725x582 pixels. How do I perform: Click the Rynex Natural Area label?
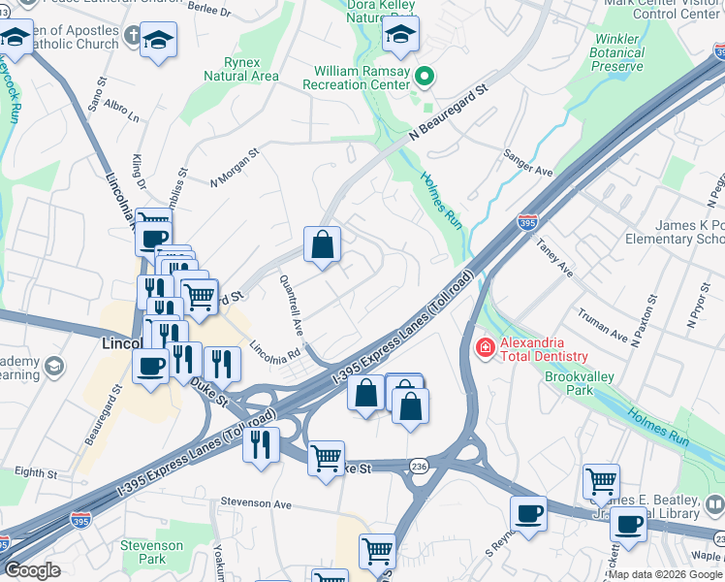241,69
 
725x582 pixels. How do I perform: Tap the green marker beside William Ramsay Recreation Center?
424,75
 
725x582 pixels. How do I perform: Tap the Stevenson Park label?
150,552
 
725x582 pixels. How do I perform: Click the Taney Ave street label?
554,261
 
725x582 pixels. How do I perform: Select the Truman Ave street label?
603,325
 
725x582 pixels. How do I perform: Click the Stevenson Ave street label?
256,504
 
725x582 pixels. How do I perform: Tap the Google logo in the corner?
32,570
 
